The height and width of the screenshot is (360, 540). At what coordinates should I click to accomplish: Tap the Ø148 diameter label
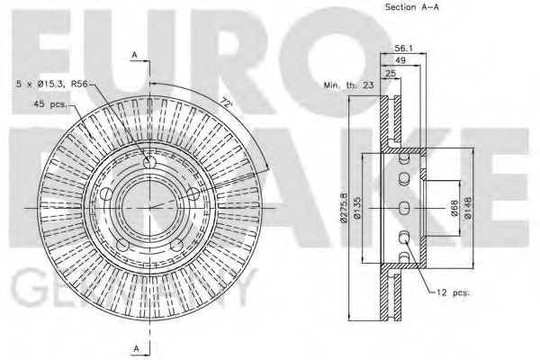pos(467,209)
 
